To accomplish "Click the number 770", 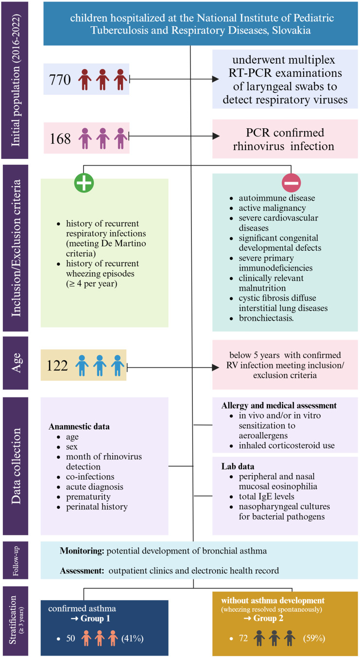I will pos(60,79).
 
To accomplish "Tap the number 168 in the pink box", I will pos(60,138).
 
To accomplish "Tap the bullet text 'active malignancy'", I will pos(272,208).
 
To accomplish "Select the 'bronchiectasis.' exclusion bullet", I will pos(267,318).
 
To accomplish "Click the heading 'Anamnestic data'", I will pos(79,426).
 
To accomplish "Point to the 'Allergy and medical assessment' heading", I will pos(279,405).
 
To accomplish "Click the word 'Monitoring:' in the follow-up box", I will pos(80,551).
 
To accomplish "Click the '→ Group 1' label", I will pos(95,618).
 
